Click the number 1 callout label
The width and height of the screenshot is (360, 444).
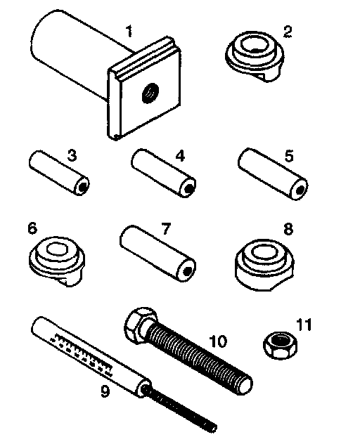[129, 31]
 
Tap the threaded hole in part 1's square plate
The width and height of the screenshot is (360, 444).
[150, 93]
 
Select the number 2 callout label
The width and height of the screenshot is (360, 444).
[287, 31]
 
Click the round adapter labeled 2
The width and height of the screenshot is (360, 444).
[255, 56]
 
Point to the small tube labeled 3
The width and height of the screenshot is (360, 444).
[59, 173]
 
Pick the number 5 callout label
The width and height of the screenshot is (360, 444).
[288, 156]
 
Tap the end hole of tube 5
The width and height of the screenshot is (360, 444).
[300, 190]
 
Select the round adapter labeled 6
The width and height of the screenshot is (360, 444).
[57, 261]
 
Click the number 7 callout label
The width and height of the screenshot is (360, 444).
[166, 228]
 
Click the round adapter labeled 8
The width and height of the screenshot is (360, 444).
[264, 266]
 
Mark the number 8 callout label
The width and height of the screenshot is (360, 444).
[288, 229]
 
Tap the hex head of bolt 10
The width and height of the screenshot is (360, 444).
[141, 325]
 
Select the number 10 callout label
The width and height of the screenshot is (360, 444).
[218, 341]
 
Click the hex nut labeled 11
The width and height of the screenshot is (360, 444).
[281, 345]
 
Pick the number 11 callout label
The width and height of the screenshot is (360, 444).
[304, 325]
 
